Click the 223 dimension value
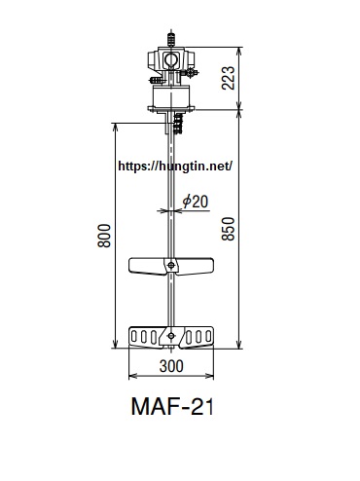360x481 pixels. pos(228,78)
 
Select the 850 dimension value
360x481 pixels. pos(228,229)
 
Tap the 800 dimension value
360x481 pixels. pos(104,236)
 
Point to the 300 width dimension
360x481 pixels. pos(171,366)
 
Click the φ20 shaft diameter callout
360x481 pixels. pos(196,202)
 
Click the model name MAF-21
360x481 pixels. pos(172,406)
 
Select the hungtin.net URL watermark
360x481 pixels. pos(175,166)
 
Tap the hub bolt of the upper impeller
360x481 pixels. pos(171,266)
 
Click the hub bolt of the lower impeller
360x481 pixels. pos(171,336)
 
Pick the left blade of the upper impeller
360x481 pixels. pos(147,266)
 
